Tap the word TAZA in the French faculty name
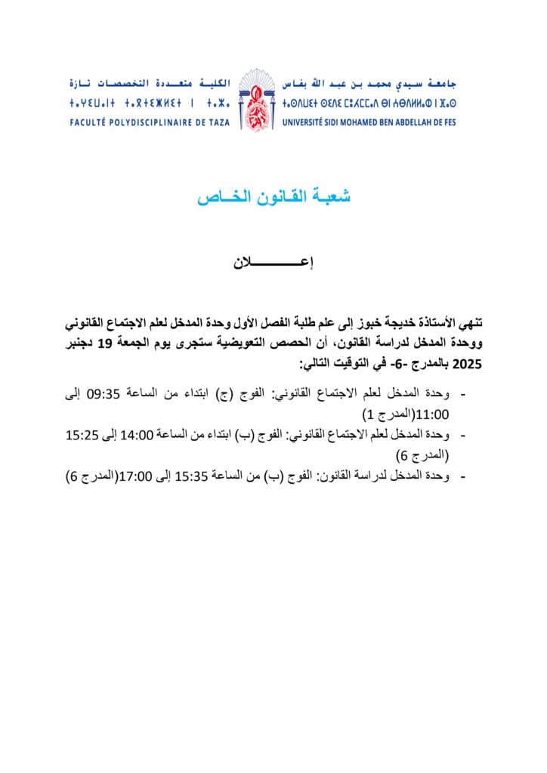coord(218,121)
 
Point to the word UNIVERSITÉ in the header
coord(308,121)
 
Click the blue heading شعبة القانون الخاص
coord(273,198)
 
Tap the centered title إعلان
coord(273,263)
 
